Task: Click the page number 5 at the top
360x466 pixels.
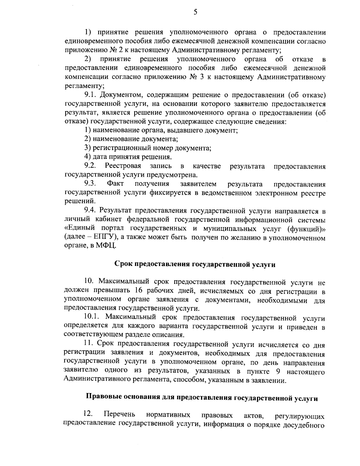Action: (195, 12)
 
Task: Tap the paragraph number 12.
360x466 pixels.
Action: (88, 414)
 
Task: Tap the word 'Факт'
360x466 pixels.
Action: (115, 183)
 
